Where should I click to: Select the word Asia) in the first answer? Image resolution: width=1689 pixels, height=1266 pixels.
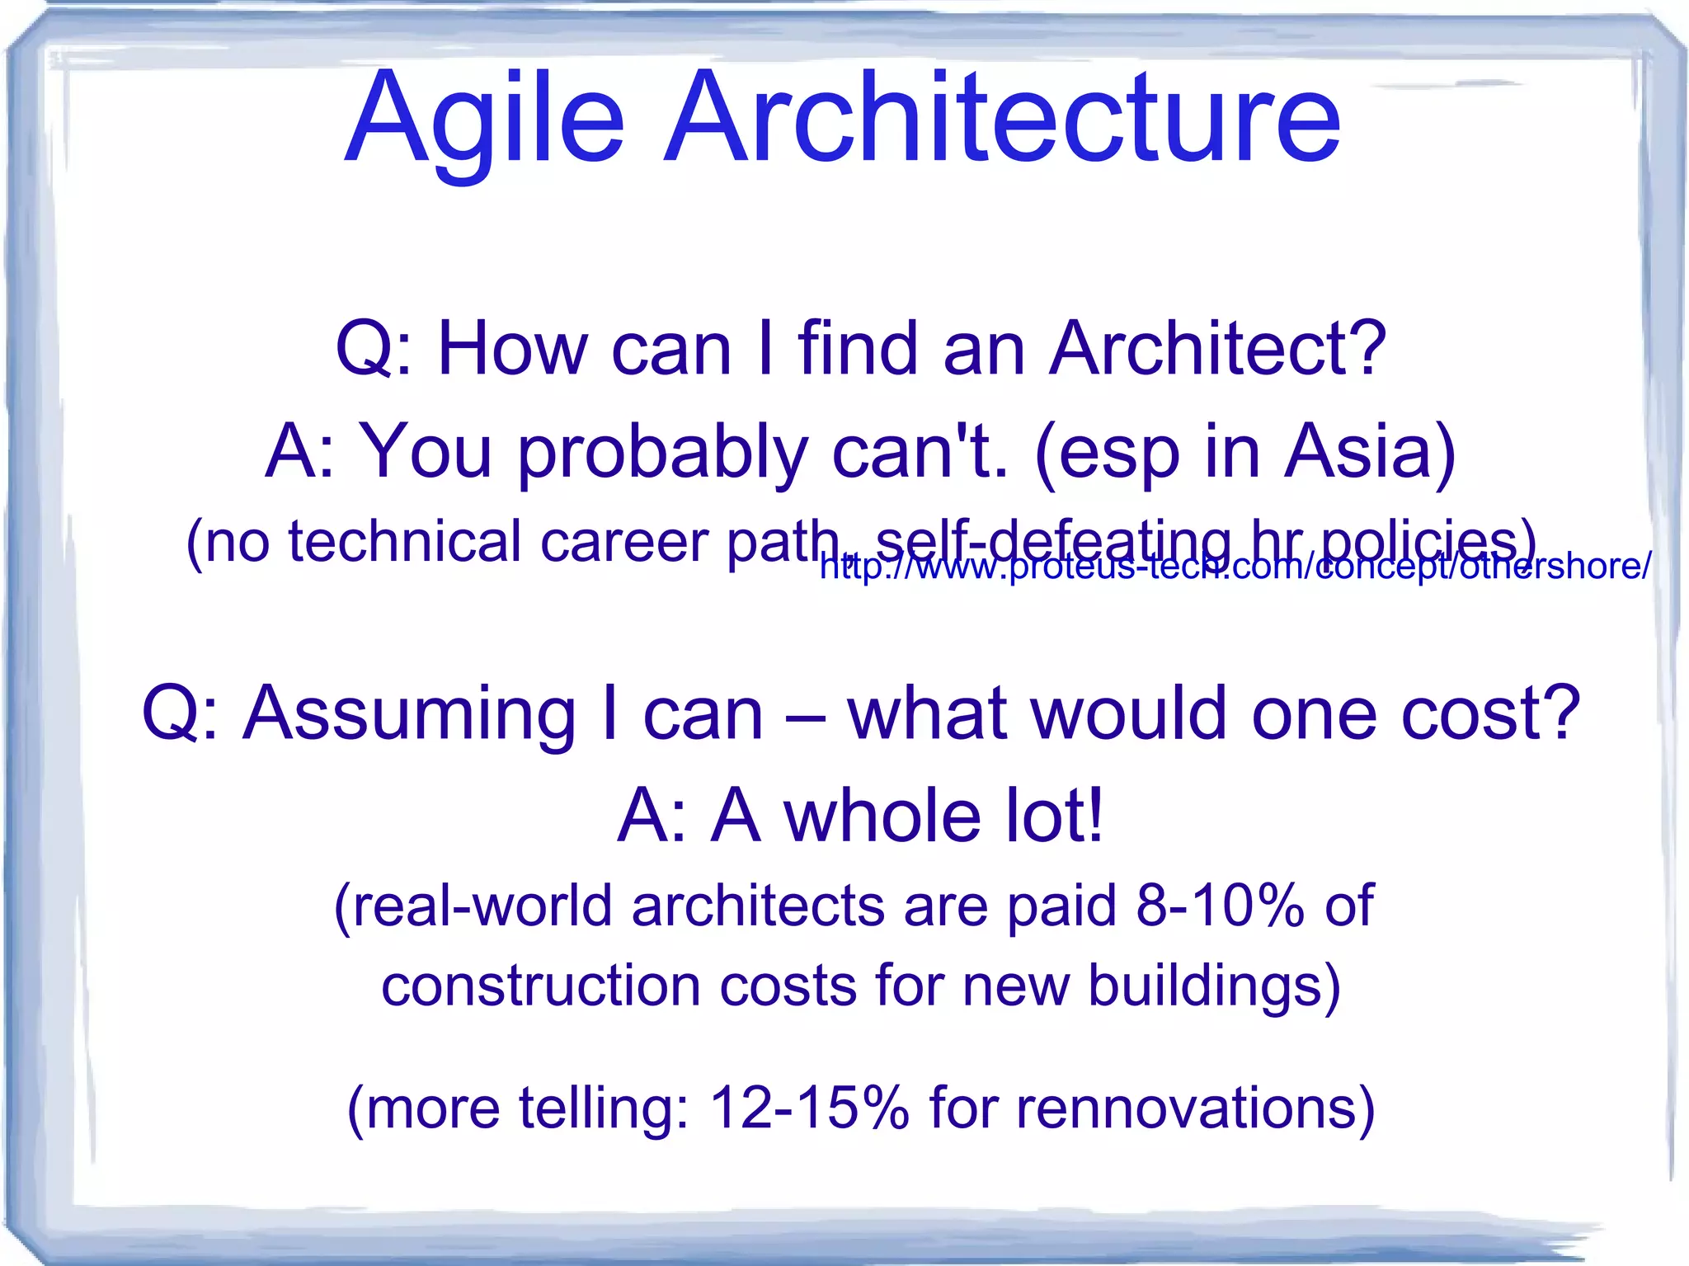click(x=1370, y=451)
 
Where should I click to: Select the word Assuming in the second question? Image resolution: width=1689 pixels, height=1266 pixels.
click(x=409, y=715)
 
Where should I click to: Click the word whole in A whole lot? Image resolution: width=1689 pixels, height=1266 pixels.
click(x=882, y=817)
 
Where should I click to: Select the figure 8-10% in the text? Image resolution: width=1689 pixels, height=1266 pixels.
click(x=1220, y=906)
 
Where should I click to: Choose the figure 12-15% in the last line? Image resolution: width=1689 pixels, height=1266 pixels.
click(x=809, y=1107)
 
